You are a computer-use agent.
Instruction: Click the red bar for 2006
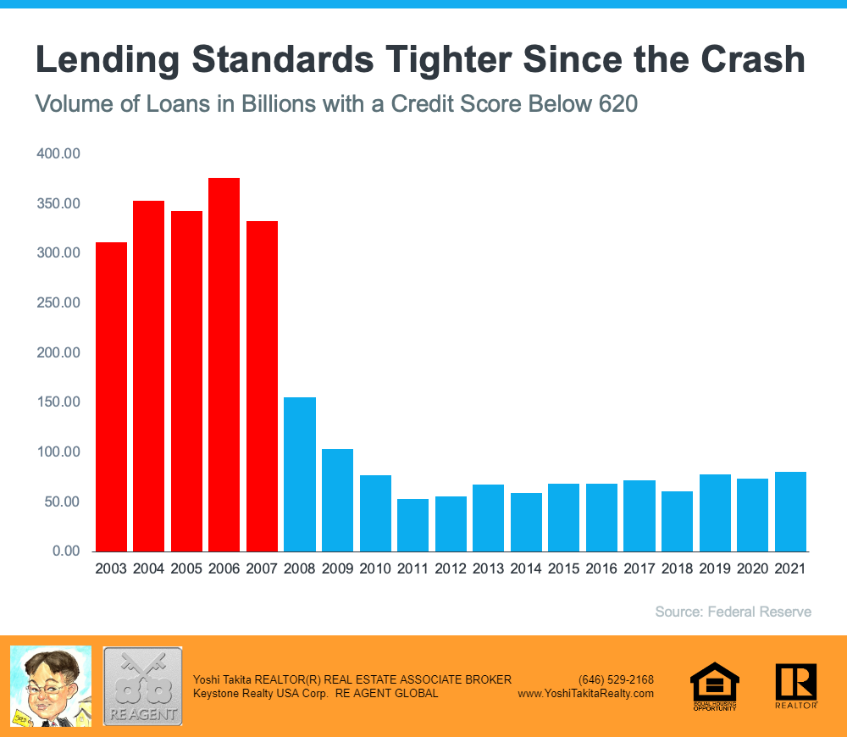click(224, 364)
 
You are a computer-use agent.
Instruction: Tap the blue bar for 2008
click(300, 474)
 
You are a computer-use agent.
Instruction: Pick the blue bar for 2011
click(412, 525)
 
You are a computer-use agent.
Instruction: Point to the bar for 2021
click(790, 512)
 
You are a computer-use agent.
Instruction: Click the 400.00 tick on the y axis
click(58, 154)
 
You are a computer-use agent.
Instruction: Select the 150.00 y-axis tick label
click(58, 402)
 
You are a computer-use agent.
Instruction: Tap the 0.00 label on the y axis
click(65, 551)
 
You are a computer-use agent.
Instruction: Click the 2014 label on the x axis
click(526, 569)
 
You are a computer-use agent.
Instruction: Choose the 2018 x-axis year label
click(677, 569)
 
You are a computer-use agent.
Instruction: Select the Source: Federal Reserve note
click(734, 612)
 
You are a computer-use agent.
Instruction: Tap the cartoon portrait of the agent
click(51, 686)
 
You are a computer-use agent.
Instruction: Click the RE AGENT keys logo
click(142, 686)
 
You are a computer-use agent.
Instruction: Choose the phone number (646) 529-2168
click(616, 679)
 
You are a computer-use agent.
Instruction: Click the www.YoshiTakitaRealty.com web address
click(586, 693)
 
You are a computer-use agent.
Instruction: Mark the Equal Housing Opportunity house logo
click(714, 685)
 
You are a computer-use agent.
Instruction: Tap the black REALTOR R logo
click(795, 685)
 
